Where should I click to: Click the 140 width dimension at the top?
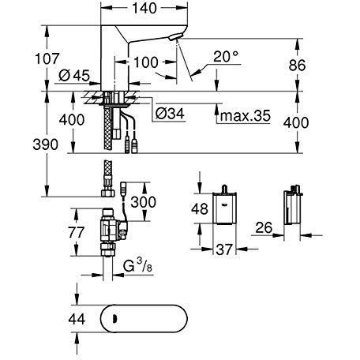click(144, 9)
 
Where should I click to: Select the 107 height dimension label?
click(47, 58)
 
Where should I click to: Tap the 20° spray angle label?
click(226, 56)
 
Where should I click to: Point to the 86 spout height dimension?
click(297, 65)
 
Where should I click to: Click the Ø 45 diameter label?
click(74, 76)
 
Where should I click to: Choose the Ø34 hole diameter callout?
click(170, 114)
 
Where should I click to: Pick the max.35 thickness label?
click(246, 116)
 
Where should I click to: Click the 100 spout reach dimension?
click(146, 62)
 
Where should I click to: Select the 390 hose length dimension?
click(46, 144)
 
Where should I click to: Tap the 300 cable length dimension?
click(144, 202)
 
